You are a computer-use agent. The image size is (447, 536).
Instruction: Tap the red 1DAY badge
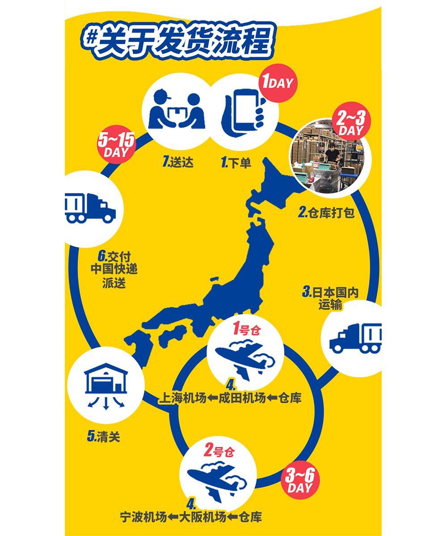277,83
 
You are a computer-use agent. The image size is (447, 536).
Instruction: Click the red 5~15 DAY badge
116,145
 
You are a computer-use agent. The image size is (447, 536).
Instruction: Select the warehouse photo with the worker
329,156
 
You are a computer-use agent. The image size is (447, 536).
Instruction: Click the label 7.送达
178,162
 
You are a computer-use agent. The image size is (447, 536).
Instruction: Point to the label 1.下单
236,163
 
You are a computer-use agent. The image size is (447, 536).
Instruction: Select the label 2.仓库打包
326,213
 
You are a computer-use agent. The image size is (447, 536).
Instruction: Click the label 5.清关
104,436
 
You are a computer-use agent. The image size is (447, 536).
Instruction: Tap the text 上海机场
183,398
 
